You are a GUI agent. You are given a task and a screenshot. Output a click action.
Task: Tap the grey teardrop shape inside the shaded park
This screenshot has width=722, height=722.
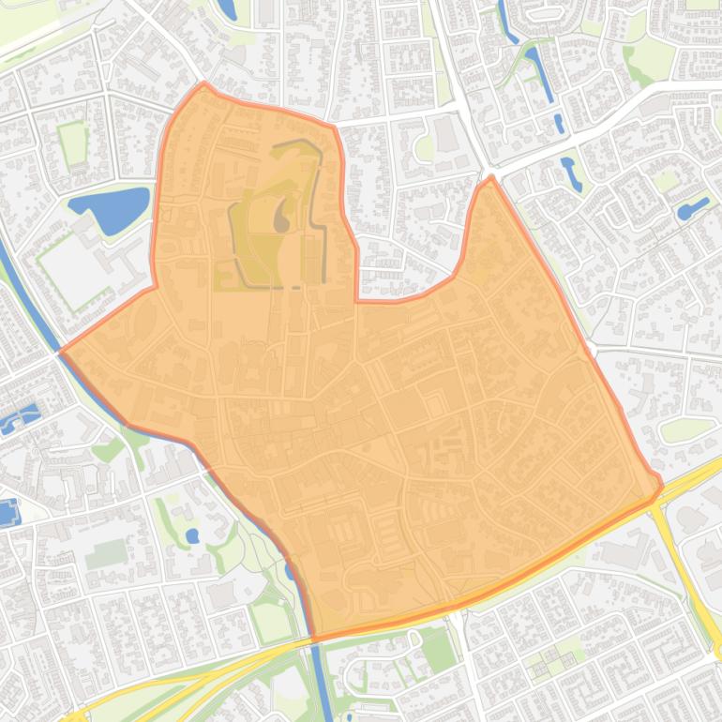coord(281,218)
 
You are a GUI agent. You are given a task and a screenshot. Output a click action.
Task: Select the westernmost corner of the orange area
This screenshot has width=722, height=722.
coord(61,352)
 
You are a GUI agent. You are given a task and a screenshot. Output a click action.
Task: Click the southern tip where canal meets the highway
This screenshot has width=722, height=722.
coord(314,639)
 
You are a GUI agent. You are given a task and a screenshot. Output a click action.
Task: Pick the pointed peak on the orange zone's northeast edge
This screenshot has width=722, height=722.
coord(489,177)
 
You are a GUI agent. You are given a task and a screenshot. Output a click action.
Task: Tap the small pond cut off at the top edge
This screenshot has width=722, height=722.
coord(227,9)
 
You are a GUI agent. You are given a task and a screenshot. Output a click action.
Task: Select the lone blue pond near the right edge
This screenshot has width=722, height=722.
coord(693,208)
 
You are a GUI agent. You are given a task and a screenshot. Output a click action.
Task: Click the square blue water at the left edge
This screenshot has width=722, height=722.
coord(8,513)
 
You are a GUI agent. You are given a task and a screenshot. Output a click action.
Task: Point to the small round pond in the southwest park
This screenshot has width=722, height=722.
coord(192,536)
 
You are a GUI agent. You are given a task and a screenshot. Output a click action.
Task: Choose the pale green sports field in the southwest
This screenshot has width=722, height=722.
coord(107,554)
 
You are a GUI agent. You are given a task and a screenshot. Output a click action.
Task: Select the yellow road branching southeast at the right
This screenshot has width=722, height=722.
coord(689,572)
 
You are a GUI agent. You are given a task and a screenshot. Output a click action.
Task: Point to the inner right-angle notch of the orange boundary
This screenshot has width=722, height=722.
coord(356,300)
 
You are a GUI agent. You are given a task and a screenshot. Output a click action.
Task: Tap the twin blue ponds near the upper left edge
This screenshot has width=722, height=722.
coord(21,418)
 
